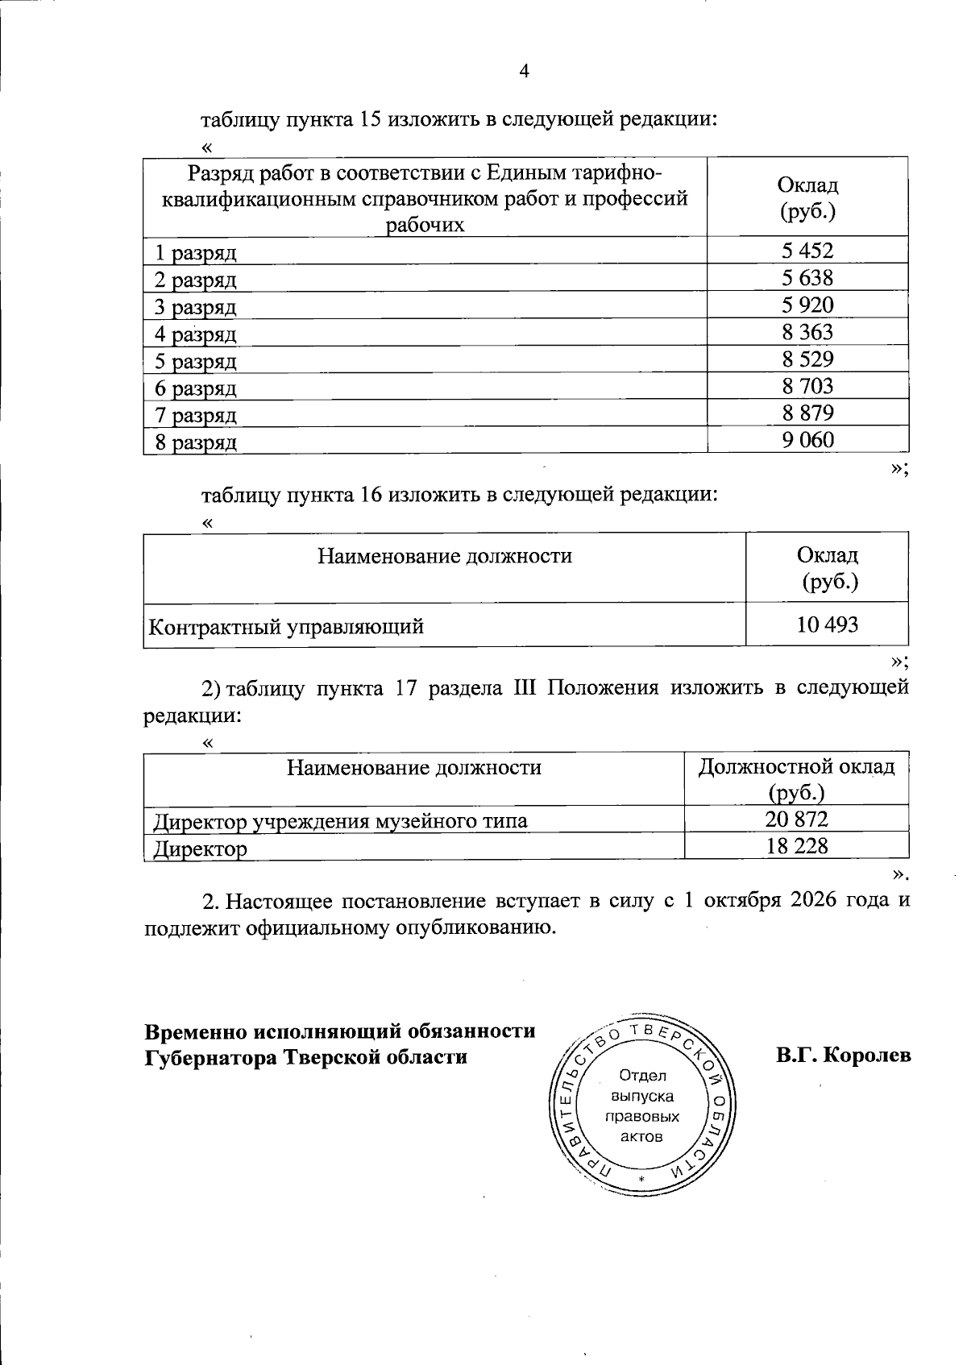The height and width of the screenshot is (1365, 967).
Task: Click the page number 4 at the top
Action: tap(524, 71)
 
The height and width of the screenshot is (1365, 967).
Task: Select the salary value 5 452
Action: tap(807, 251)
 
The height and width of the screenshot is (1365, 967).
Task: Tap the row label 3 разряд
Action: tap(196, 307)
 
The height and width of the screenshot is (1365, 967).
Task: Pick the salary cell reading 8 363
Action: tap(807, 332)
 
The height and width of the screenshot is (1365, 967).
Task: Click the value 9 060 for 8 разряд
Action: tap(807, 440)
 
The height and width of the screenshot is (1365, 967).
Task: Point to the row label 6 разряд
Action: tap(196, 388)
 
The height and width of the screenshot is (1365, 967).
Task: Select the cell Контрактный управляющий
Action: tap(287, 626)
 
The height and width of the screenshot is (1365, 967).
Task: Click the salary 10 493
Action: tap(827, 624)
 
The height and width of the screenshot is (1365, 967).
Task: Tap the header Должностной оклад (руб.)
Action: tap(796, 778)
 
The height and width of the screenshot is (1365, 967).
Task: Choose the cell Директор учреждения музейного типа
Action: tap(341, 821)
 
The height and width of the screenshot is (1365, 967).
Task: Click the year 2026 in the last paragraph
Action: tap(805, 900)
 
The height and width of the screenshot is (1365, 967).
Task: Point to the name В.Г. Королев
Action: tap(844, 1055)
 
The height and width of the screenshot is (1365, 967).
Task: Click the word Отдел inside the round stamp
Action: tap(642, 1076)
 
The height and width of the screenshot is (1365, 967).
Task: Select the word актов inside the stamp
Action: tap(642, 1137)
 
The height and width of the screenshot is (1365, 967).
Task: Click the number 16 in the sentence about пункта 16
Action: tap(370, 494)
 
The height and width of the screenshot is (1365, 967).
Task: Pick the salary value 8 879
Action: tap(807, 413)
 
